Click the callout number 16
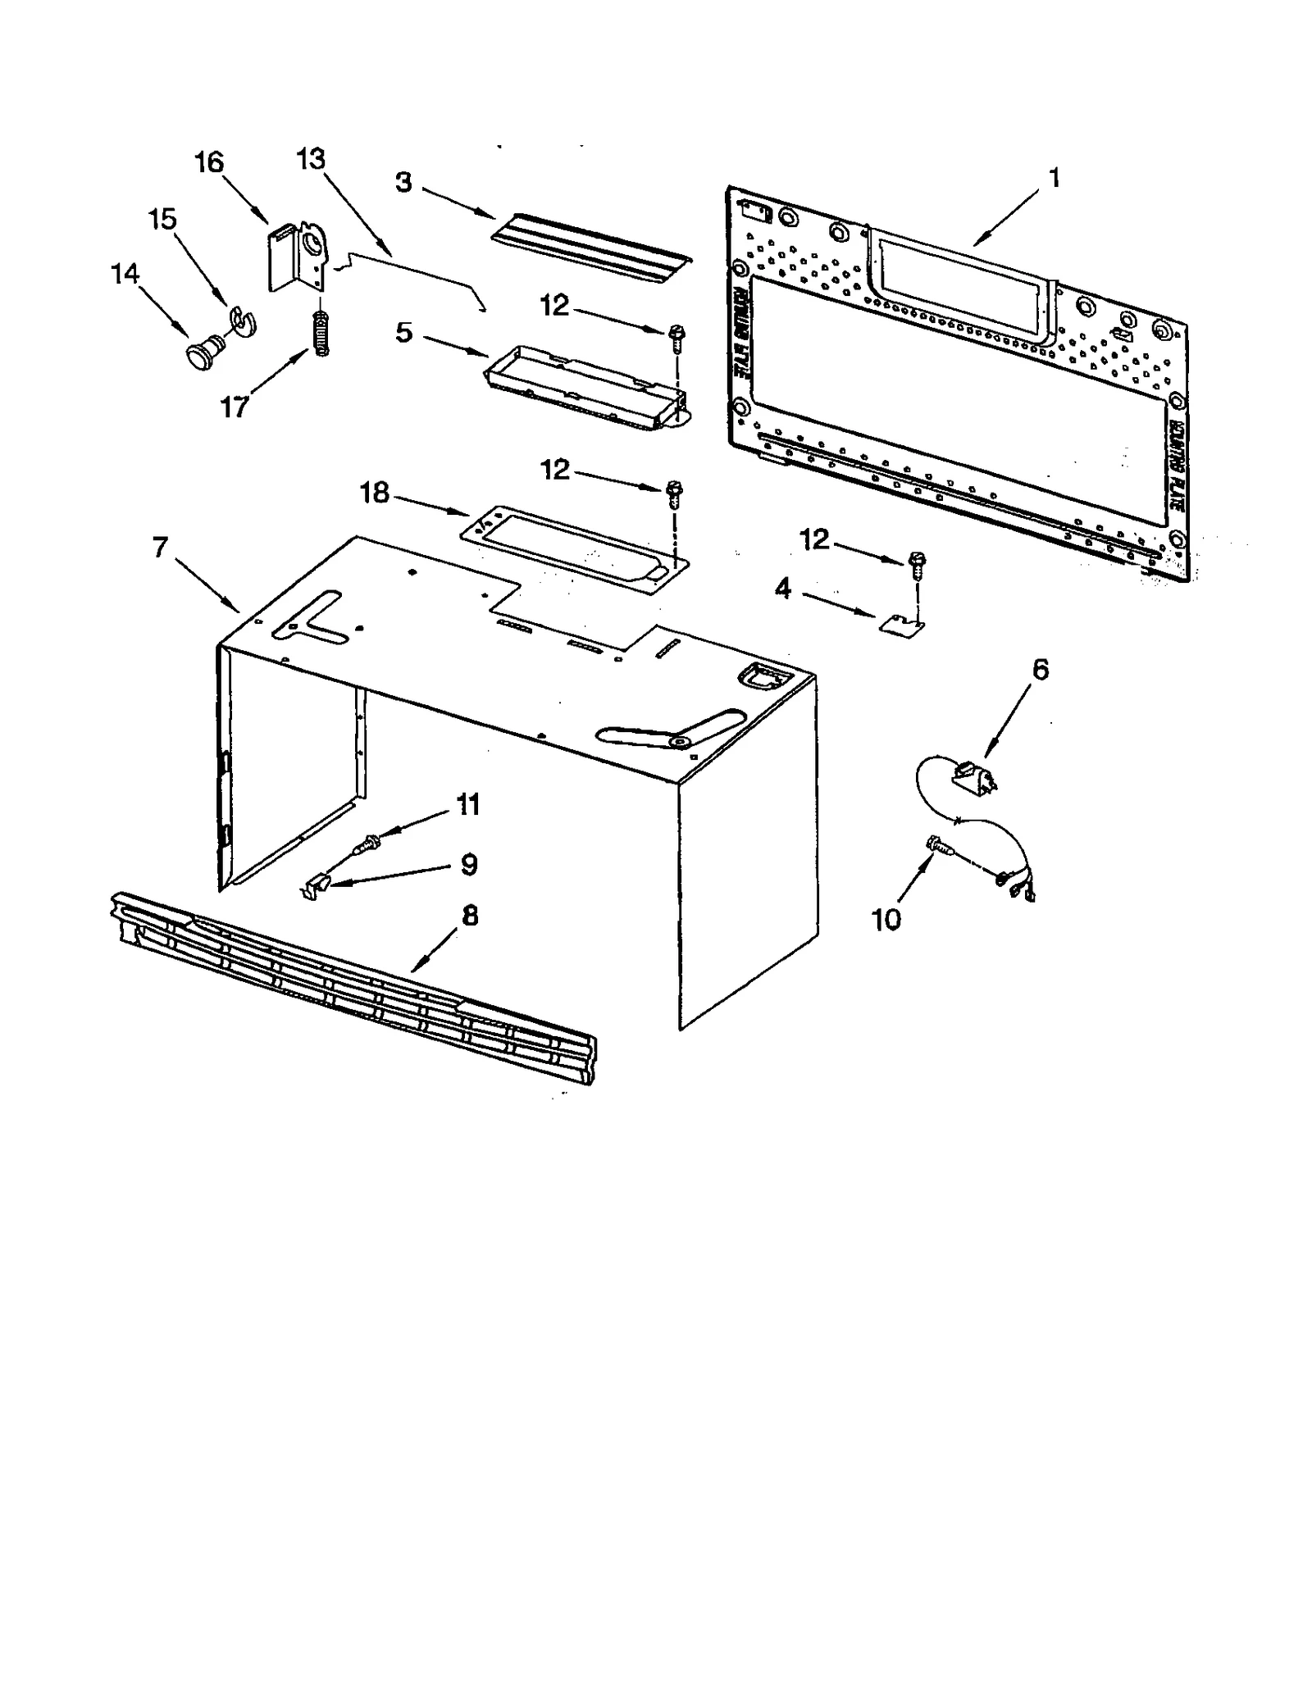(208, 162)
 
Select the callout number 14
(125, 274)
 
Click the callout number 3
(403, 182)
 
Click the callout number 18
(375, 493)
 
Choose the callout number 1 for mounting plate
(1055, 177)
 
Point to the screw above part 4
(915, 564)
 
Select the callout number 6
(1039, 670)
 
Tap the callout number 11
(467, 804)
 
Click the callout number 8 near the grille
(469, 916)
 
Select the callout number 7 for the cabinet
(160, 547)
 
